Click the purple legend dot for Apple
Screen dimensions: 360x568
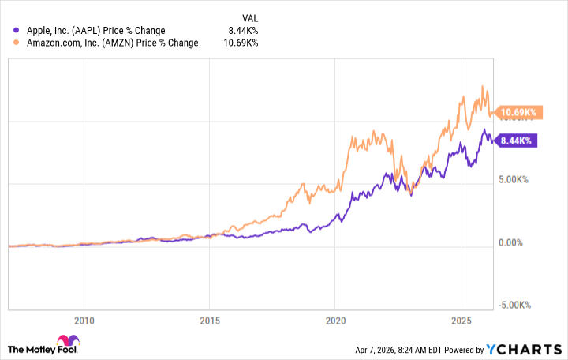click(x=18, y=31)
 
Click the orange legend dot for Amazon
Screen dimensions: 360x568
click(x=18, y=43)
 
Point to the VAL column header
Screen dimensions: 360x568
click(x=248, y=17)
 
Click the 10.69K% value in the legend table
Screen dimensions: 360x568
click(x=240, y=43)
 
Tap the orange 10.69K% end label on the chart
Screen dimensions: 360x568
click(x=516, y=113)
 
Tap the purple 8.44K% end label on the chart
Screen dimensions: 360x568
click(x=516, y=141)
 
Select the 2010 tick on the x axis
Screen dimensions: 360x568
click(x=84, y=321)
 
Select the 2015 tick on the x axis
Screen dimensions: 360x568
click(x=209, y=321)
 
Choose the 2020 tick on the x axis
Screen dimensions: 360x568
click(x=334, y=321)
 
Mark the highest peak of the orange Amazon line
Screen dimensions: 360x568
click(x=483, y=86)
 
